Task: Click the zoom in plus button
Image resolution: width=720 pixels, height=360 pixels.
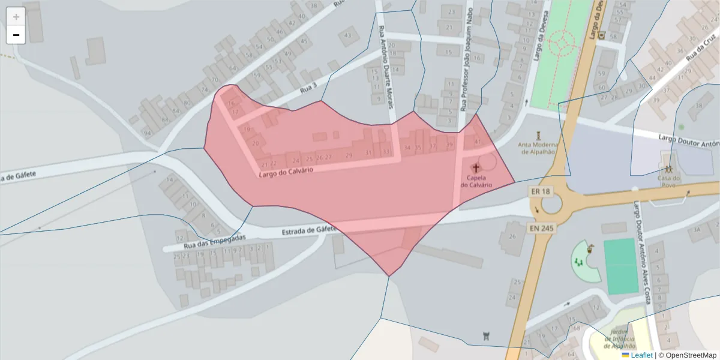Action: (x=16, y=17)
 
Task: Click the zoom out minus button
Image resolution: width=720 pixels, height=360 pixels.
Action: (x=16, y=35)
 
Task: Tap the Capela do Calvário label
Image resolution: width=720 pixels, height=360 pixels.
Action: (x=476, y=181)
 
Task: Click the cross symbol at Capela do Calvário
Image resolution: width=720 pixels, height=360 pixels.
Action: (x=476, y=168)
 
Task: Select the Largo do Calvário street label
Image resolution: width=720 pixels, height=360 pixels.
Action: (x=286, y=173)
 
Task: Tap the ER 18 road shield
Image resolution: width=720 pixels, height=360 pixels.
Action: (x=540, y=191)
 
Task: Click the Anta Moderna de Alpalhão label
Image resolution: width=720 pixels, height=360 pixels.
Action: (x=538, y=148)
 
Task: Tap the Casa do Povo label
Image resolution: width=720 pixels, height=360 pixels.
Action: (x=668, y=178)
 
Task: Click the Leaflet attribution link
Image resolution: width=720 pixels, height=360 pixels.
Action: (x=641, y=355)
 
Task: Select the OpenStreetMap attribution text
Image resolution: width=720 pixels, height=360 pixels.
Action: (x=687, y=355)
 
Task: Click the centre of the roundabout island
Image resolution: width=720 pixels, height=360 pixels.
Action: (x=550, y=205)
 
